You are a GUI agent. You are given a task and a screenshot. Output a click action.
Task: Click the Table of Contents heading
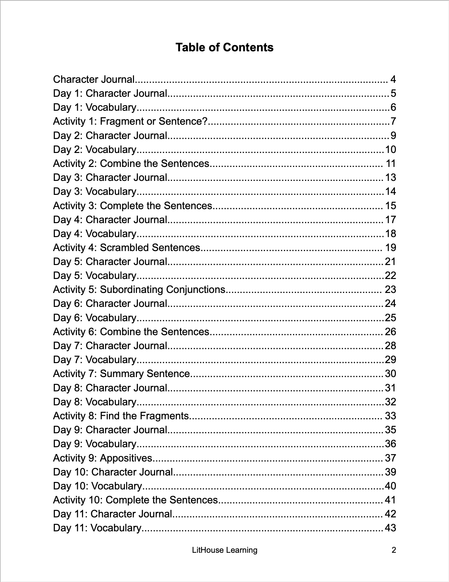(224, 47)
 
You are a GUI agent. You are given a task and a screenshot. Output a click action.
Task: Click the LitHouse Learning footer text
(224, 550)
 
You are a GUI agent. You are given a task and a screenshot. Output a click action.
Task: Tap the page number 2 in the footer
(394, 550)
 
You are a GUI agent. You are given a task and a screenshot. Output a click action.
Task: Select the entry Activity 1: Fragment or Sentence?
(130, 121)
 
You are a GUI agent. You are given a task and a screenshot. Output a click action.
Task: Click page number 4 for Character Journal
(393, 80)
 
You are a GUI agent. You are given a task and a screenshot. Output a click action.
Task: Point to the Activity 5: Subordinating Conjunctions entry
(139, 289)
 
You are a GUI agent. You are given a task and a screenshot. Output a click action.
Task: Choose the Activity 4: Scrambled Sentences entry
(127, 247)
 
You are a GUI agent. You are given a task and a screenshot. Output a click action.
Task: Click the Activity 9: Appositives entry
(103, 458)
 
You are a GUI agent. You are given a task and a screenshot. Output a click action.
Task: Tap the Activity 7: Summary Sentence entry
(121, 374)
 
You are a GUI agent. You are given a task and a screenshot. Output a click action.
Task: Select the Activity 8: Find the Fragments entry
(121, 416)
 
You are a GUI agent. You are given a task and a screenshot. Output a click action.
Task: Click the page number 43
(390, 528)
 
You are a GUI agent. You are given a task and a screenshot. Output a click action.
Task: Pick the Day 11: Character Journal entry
(113, 514)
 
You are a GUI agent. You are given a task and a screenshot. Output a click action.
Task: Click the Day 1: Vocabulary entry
(94, 108)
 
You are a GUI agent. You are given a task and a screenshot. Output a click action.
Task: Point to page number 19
(391, 247)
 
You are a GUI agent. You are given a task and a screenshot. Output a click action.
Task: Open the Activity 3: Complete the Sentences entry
(132, 206)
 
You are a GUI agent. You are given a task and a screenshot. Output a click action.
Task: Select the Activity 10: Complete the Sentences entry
(135, 500)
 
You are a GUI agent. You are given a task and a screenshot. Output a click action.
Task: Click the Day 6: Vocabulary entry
(94, 318)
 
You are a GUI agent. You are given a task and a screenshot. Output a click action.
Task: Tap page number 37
(390, 458)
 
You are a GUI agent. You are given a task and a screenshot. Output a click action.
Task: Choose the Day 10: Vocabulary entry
(97, 486)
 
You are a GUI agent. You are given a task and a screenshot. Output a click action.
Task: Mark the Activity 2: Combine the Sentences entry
(131, 163)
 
